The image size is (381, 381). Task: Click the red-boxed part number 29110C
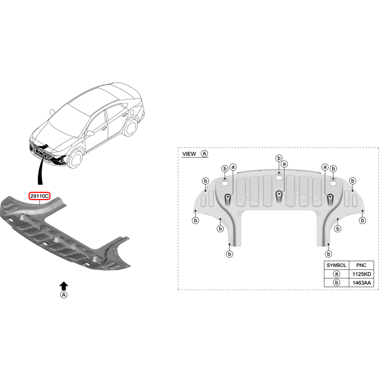point(40,196)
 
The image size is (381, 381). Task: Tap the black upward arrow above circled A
point(63,286)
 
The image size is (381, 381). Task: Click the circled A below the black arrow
point(63,295)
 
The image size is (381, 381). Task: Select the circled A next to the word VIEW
point(204,154)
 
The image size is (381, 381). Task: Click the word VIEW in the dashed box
point(189,154)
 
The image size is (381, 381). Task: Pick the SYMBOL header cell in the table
point(336,265)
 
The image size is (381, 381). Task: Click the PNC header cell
point(361,265)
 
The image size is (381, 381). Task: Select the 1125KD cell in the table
point(362,274)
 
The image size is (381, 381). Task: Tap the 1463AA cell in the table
point(362,283)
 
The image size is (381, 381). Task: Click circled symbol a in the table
point(336,274)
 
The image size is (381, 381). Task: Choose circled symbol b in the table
point(336,283)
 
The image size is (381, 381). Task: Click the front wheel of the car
point(75,159)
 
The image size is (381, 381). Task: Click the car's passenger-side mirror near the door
point(89,133)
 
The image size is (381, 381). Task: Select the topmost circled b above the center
point(279,159)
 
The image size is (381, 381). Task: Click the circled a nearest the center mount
point(284,164)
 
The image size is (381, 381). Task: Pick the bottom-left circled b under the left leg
point(229,254)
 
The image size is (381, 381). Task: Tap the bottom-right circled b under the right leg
point(329,254)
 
